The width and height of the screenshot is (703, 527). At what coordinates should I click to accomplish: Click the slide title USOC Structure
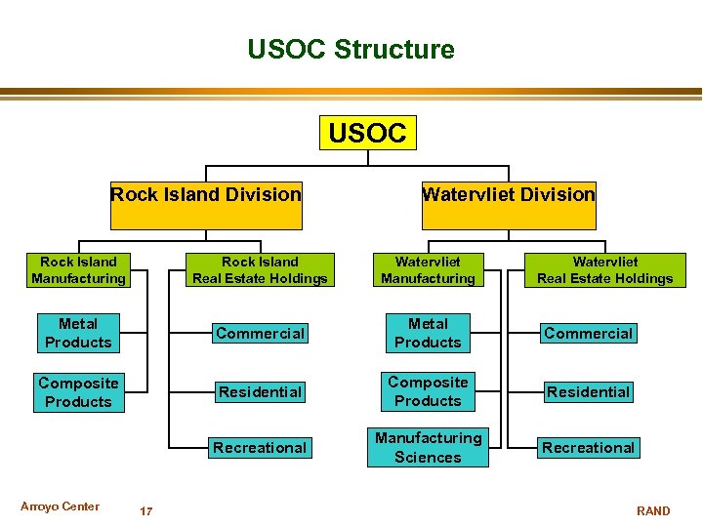[x=351, y=49]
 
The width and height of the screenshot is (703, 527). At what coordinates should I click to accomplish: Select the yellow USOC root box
[x=368, y=133]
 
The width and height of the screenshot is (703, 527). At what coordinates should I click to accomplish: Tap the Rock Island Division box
[x=206, y=194]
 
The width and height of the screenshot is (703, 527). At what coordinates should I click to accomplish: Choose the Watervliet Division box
[x=508, y=194]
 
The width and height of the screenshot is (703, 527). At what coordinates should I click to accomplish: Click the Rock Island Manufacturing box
[x=78, y=270]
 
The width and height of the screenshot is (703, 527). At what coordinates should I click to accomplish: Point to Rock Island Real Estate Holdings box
[x=260, y=270]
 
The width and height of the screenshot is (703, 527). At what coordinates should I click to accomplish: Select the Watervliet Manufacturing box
[x=428, y=270]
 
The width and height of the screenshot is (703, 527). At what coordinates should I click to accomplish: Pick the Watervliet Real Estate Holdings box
[x=605, y=270]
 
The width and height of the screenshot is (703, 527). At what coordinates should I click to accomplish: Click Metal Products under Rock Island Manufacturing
[x=78, y=333]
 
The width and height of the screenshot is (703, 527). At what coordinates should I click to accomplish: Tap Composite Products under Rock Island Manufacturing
[x=78, y=392]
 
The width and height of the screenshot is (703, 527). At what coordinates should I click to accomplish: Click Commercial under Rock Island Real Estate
[x=260, y=334]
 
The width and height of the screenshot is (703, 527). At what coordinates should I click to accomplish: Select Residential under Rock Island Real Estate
[x=260, y=392]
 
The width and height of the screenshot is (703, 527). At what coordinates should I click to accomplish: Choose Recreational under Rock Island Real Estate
[x=260, y=448]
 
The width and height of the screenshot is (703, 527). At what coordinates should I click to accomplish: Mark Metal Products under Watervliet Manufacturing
[x=428, y=333]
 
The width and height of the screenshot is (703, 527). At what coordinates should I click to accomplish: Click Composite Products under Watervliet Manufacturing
[x=428, y=391]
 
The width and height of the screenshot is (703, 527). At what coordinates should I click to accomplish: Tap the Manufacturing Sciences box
[x=428, y=448]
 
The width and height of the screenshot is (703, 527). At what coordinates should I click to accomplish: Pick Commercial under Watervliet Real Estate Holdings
[x=589, y=334]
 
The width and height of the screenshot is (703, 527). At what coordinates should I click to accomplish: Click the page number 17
[x=145, y=511]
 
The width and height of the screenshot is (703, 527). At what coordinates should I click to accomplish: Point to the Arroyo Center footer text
[x=60, y=507]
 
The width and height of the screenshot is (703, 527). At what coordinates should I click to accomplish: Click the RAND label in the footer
[x=653, y=511]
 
